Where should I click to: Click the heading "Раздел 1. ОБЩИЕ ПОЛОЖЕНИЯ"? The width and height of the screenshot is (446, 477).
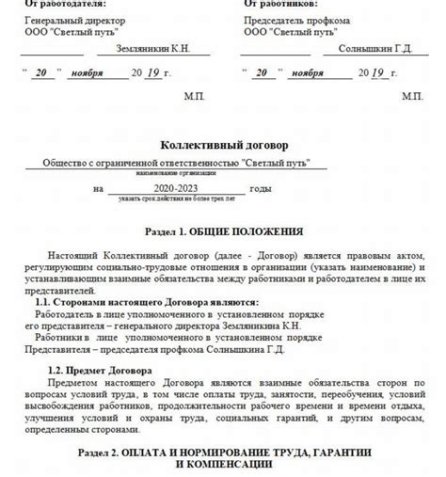224,231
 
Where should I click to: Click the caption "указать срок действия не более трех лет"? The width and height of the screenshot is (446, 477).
176,198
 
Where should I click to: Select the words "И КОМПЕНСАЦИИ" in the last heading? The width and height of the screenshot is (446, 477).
223,464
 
